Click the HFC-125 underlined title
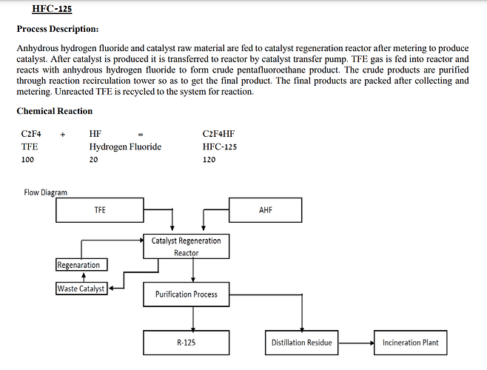[52, 9]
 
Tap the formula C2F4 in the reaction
[30, 135]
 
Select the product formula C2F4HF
[218, 135]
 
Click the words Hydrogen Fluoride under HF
[124, 147]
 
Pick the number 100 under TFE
[27, 159]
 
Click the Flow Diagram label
[45, 192]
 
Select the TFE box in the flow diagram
[100, 210]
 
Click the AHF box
[266, 210]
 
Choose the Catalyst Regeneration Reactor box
[186, 246]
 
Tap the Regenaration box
[78, 265]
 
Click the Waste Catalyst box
[81, 289]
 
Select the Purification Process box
[186, 295]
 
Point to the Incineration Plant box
[410, 343]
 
